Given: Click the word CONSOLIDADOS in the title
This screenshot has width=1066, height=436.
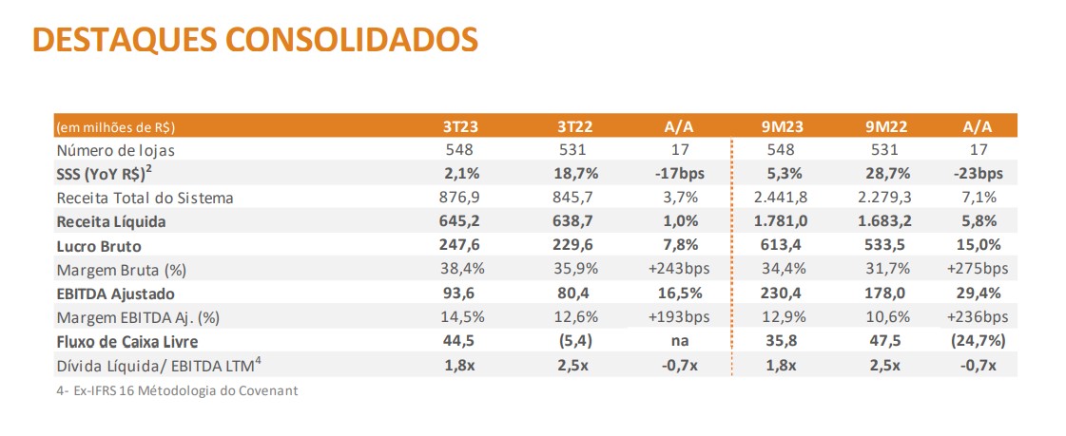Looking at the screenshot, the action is [352, 40].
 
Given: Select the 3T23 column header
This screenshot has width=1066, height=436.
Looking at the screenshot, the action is [460, 126].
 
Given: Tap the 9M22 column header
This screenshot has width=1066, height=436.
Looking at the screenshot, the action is [886, 126].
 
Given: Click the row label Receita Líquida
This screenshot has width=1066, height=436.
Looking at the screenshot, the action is [111, 221].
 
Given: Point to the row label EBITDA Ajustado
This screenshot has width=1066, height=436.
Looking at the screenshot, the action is [116, 294].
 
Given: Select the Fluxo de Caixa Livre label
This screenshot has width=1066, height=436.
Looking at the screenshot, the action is [127, 342].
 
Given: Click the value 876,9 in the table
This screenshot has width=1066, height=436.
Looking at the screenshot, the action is [460, 198].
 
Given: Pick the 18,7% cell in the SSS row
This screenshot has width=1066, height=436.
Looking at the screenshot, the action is [576, 174].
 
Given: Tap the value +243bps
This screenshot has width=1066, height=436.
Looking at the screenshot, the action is [680, 269].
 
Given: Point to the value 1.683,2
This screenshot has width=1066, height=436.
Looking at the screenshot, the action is [886, 221].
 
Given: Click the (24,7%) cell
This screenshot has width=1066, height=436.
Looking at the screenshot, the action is [979, 342].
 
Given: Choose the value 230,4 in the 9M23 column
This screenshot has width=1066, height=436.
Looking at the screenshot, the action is [781, 294].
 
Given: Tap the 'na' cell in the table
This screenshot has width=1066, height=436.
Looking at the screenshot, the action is [680, 342].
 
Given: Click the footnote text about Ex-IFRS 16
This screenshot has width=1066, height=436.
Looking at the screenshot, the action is [178, 391].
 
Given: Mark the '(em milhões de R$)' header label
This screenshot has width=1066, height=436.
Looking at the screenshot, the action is [116, 127].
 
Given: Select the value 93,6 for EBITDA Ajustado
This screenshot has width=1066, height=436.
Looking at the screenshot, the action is [460, 294].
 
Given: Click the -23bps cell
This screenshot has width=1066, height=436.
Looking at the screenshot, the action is [979, 174].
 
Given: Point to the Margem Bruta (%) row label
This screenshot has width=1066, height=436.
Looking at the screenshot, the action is [122, 270].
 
